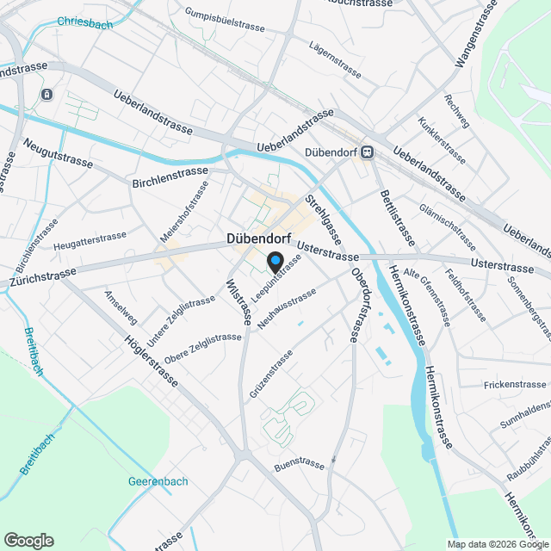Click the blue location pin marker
[x=275, y=261]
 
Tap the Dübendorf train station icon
[x=368, y=153]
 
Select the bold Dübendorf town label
[x=258, y=238]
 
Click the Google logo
[x=28, y=541]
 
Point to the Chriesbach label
[x=84, y=24]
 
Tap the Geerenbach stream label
[x=158, y=480]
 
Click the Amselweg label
[x=121, y=307]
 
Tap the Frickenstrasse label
[x=515, y=384]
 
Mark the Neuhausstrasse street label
[x=287, y=306]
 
